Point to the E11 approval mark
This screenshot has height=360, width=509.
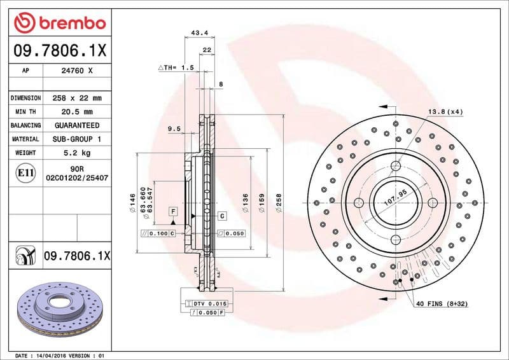tap(27, 172)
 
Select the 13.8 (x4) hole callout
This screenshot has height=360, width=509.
tap(445, 112)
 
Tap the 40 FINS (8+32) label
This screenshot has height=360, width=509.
tap(442, 304)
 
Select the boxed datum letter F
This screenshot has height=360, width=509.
tap(172, 211)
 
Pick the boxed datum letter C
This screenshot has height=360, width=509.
tap(222, 216)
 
